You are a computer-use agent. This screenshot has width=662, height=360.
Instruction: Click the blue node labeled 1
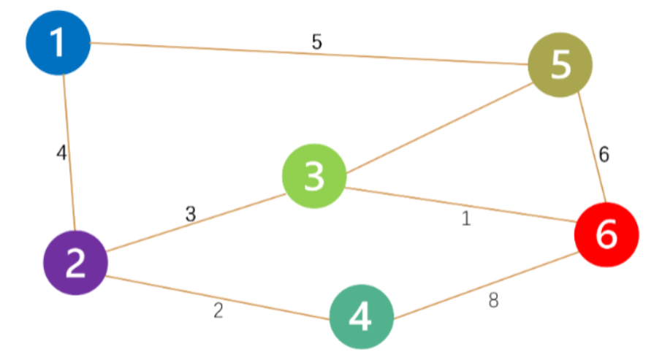click(x=58, y=45)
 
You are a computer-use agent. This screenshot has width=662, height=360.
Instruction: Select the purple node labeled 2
click(x=75, y=263)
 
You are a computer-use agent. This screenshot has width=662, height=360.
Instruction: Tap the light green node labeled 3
click(x=314, y=176)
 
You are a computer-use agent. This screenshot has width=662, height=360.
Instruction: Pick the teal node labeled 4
click(x=362, y=318)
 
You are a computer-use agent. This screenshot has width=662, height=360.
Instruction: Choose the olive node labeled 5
click(x=560, y=65)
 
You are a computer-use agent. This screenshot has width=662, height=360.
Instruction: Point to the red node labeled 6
click(x=606, y=234)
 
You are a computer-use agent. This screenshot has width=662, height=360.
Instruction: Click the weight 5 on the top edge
click(x=316, y=42)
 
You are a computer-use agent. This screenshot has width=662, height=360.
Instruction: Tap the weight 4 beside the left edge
click(x=61, y=153)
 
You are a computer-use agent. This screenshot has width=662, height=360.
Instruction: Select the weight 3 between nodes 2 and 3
click(x=191, y=214)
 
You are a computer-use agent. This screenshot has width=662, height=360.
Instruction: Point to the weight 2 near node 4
click(x=218, y=310)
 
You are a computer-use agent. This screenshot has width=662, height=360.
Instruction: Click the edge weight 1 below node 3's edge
click(x=466, y=219)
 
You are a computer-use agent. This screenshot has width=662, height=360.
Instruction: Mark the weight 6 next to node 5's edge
click(x=604, y=154)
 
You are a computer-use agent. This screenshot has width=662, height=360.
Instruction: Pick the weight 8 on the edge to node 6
click(x=493, y=301)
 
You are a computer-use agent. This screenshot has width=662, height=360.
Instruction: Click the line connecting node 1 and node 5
click(x=219, y=50)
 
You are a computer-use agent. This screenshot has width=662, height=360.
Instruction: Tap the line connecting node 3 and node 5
click(x=438, y=129)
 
